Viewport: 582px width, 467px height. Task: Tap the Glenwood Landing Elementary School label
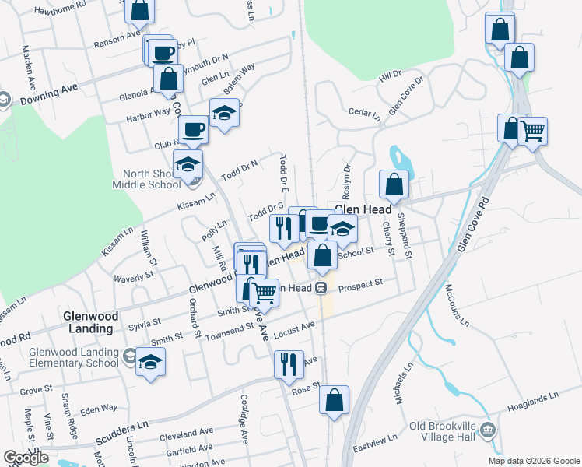[73, 357]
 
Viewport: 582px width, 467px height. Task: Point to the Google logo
[26, 458]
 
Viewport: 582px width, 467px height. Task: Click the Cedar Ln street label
[365, 114]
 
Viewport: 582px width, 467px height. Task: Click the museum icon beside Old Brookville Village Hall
[488, 430]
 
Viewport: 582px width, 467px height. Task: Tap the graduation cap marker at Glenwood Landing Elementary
[150, 361]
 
